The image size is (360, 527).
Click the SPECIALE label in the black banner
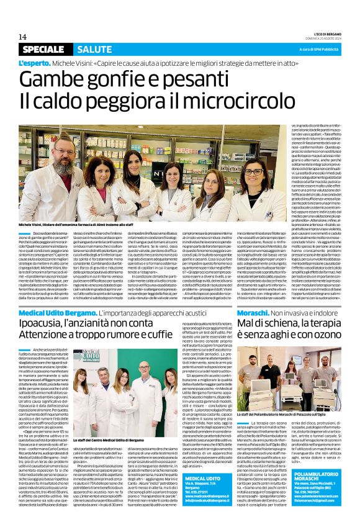[43, 50]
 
